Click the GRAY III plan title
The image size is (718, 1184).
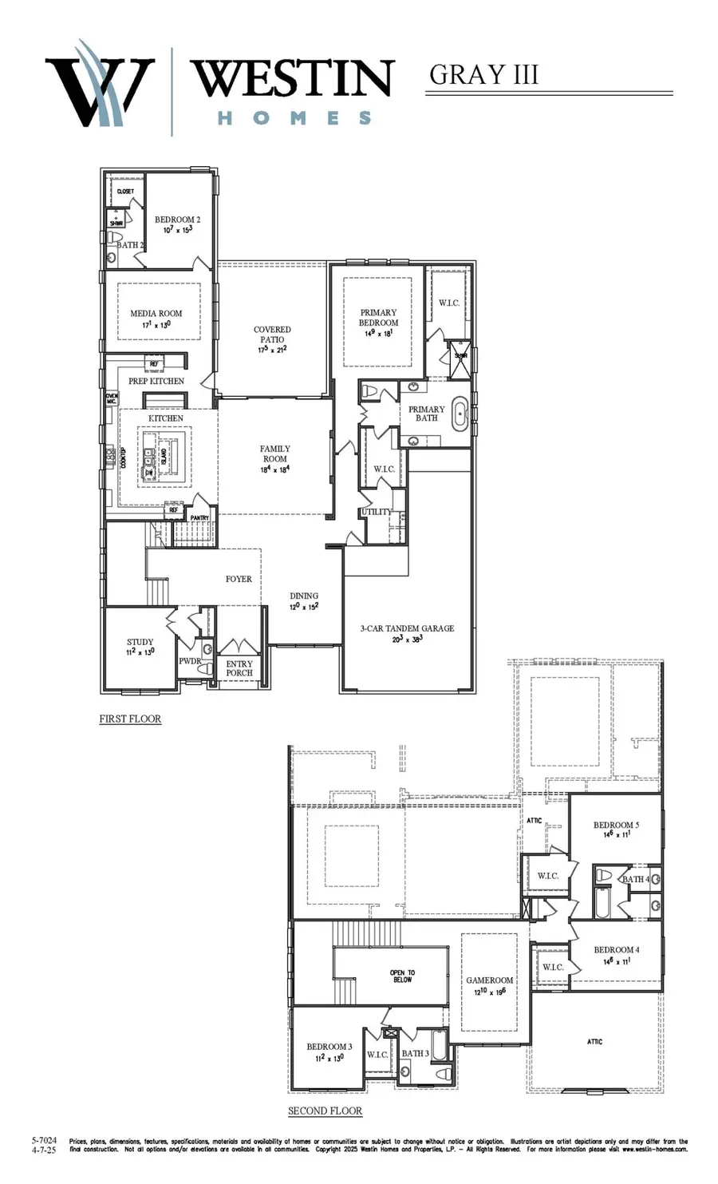[483, 74]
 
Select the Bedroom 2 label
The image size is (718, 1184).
[177, 220]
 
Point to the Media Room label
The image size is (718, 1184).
[156, 314]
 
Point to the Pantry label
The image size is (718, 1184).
[199, 517]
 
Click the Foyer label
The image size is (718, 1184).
[239, 579]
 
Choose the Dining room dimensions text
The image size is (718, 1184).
[304, 607]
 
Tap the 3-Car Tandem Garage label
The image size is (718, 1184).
[407, 628]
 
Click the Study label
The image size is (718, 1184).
[140, 642]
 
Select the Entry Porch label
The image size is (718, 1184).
[239, 668]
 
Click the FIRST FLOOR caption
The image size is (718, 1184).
[130, 719]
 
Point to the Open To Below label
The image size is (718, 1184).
[402, 976]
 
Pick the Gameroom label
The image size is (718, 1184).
[489, 980]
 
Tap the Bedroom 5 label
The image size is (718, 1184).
[616, 825]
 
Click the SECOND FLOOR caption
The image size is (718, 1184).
[325, 1111]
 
